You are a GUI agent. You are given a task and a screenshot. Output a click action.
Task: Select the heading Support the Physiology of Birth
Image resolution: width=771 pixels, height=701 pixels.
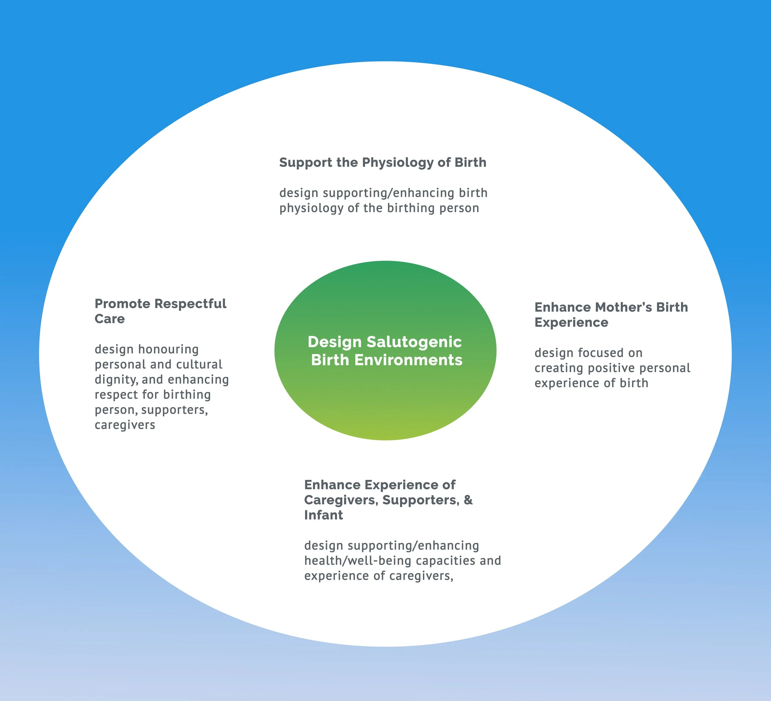coord(382,163)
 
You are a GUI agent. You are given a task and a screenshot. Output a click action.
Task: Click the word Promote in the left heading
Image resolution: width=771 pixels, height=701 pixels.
coord(122,304)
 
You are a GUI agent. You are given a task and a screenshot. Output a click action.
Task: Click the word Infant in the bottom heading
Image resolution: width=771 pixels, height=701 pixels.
coord(324,515)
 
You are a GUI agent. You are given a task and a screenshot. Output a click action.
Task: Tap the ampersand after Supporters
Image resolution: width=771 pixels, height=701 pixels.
coord(468,500)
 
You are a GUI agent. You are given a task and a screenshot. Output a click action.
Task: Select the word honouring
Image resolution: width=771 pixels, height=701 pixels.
coord(168,349)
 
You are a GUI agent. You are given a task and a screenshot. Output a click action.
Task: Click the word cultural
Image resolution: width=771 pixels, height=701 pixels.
coord(199,365)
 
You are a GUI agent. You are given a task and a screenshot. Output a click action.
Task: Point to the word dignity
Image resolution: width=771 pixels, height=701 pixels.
coord(116,380)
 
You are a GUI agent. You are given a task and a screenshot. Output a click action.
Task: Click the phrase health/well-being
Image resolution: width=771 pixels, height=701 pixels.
coord(357,561)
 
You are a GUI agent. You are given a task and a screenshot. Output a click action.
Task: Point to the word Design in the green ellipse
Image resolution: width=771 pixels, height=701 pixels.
coord(335,342)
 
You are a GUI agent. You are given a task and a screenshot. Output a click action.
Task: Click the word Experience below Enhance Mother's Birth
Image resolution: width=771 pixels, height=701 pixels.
coord(571,322)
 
